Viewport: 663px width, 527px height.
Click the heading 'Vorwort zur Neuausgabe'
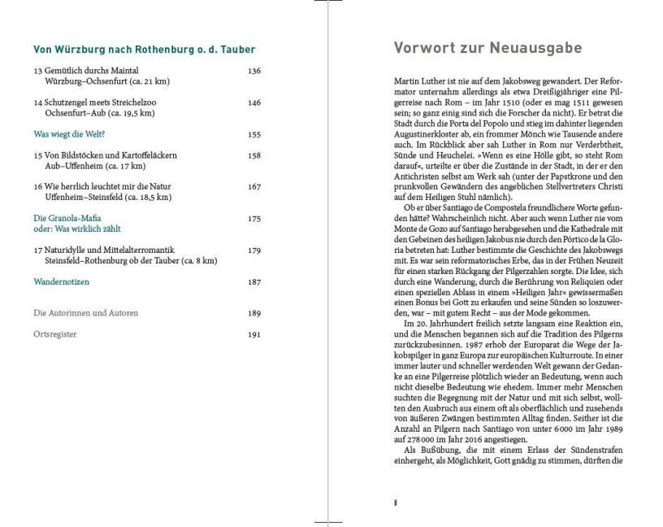tap(487, 48)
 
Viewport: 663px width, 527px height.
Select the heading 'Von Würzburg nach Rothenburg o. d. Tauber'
tap(144, 50)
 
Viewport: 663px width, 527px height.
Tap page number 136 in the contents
tap(254, 72)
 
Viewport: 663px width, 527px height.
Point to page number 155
tap(254, 134)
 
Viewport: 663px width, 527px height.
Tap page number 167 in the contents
tap(254, 187)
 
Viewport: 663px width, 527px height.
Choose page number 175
tap(254, 219)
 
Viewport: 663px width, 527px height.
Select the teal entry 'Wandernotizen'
tap(61, 282)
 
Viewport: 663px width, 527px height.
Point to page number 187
tap(254, 282)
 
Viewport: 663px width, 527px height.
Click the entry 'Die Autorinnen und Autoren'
tap(85, 313)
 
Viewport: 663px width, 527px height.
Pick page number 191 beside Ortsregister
tap(254, 334)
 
